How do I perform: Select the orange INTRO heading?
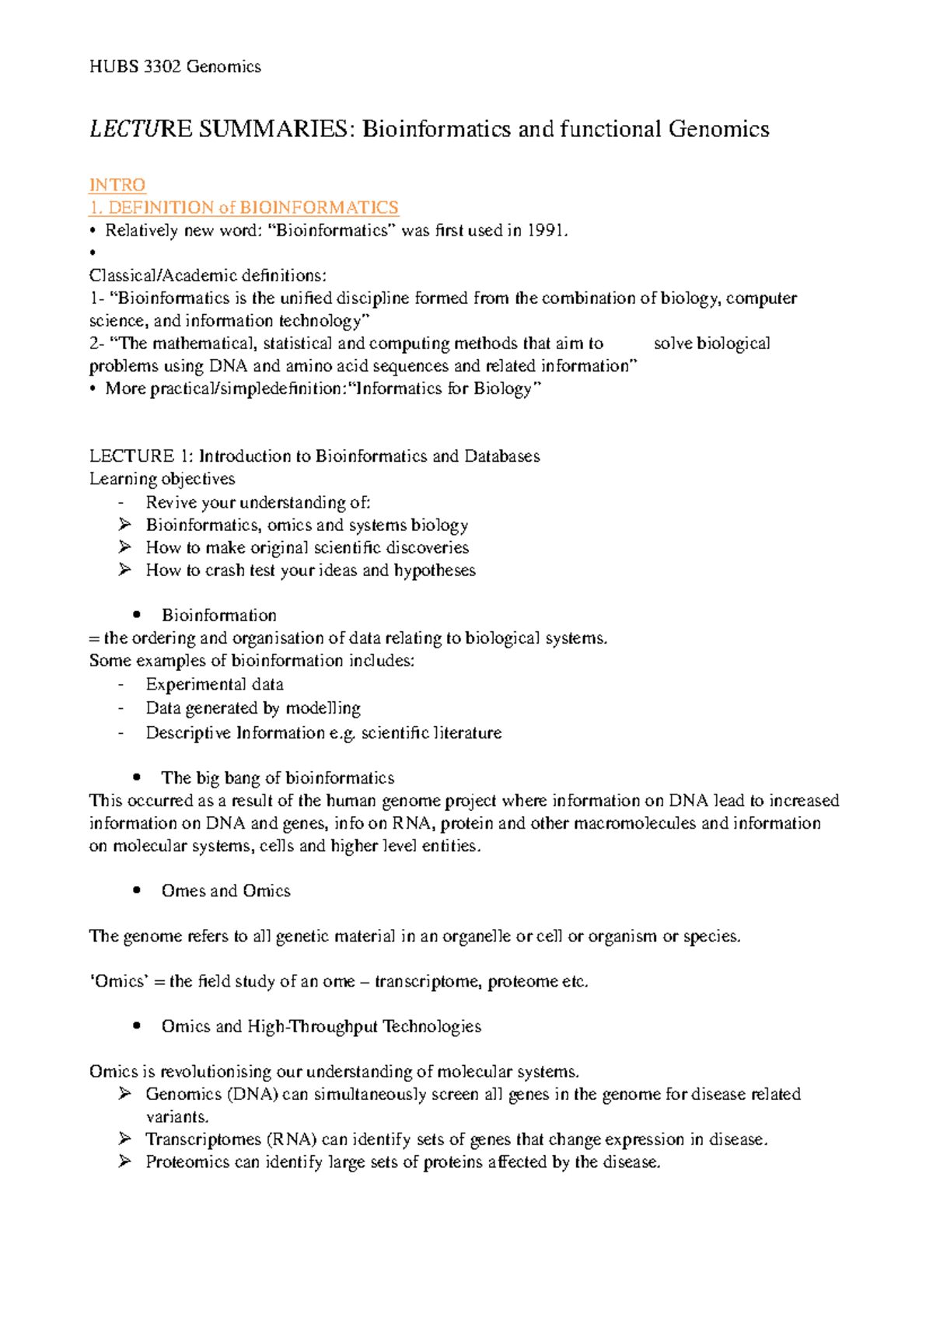117,185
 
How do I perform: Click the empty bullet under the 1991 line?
92,253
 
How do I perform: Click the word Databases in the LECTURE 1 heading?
501,456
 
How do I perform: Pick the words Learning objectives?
162,479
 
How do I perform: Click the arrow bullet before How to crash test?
124,570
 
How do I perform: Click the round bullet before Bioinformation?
137,615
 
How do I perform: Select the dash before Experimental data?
121,685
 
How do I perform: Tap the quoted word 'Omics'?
119,981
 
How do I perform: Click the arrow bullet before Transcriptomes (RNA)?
124,1139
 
